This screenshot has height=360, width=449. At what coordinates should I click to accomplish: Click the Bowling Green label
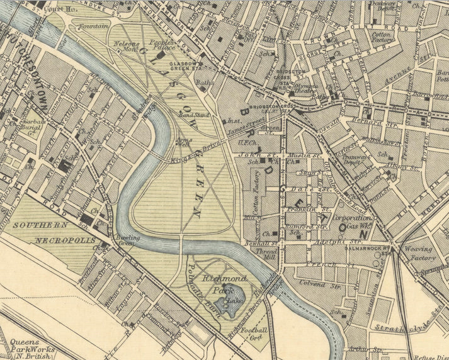click(x=128, y=240)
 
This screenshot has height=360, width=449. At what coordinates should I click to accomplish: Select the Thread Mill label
click(x=270, y=253)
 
